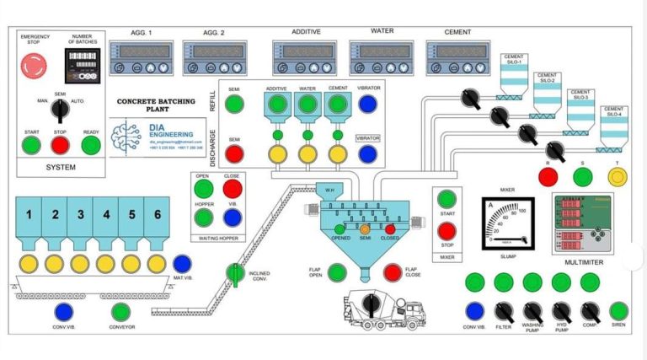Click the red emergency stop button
[33, 64]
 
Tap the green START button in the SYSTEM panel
[32, 145]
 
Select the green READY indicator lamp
[90, 145]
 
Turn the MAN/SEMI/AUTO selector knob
[60, 109]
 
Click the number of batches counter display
[82, 63]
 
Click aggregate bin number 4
[106, 215]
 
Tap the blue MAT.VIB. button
[182, 264]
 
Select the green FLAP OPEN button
[337, 272]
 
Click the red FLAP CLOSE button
[393, 272]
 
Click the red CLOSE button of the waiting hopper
[232, 189]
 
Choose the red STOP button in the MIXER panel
[447, 231]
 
